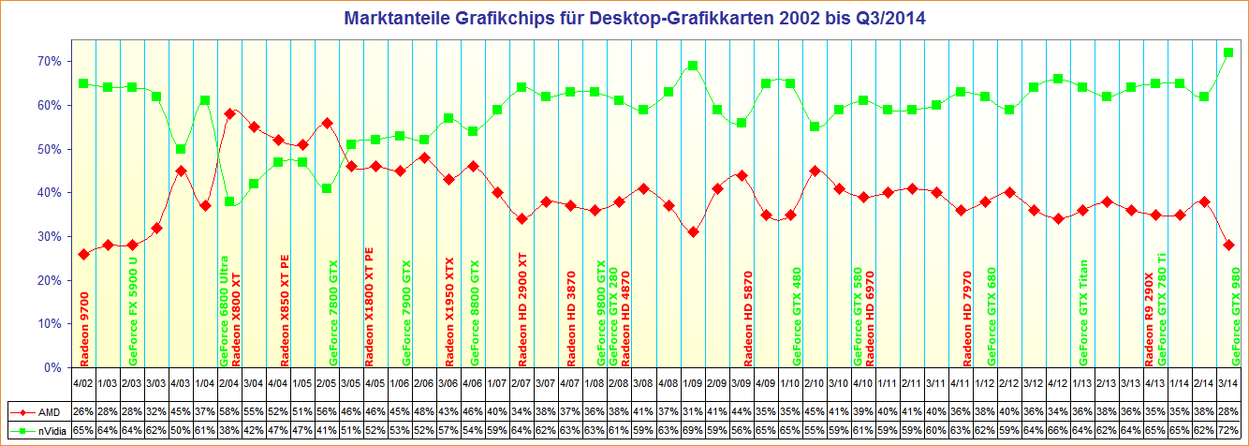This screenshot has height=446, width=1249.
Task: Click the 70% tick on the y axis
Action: click(50, 61)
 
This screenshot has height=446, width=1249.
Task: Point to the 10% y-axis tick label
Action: click(50, 324)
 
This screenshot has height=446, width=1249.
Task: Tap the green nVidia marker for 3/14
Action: click(1228, 52)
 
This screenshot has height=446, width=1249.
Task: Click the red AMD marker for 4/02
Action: click(83, 254)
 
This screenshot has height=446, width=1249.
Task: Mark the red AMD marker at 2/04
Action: click(229, 113)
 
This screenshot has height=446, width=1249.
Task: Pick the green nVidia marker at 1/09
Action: click(693, 66)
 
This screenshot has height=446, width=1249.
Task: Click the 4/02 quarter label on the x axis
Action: click(83, 382)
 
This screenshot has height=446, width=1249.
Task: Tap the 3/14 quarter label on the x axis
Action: click(1228, 382)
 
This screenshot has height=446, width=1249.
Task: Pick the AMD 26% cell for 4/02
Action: click(83, 412)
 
